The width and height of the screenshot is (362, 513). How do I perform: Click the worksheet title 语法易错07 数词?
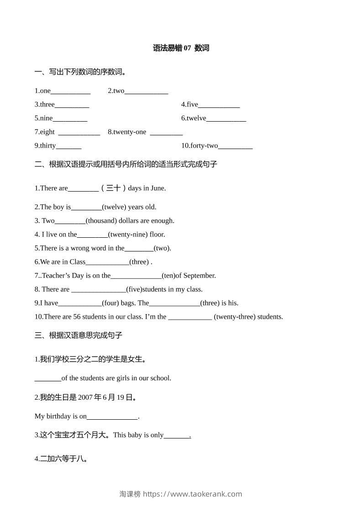point(181,48)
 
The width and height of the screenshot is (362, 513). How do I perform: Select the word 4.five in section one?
point(189,105)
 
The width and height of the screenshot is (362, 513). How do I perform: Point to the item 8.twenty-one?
point(127,132)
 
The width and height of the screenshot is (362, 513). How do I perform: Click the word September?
point(199,276)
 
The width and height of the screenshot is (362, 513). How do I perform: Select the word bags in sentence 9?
point(127,303)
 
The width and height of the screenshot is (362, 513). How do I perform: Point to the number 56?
point(77,317)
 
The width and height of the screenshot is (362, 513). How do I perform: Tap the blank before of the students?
point(47,379)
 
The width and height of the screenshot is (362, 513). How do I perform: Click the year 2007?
point(85,397)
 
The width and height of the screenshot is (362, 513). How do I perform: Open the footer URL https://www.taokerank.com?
point(192,494)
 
